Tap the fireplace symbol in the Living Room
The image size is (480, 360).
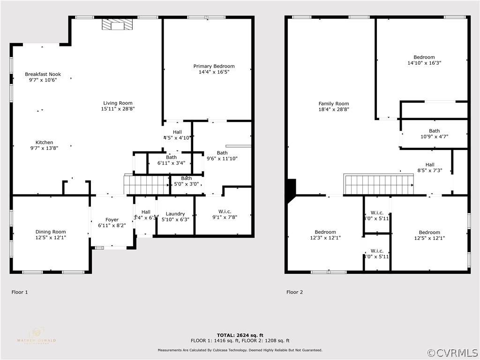click(x=118, y=25)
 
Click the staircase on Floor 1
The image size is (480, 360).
click(x=146, y=184)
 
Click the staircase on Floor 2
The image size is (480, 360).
click(x=379, y=184)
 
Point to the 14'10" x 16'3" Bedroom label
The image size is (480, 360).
click(x=424, y=60)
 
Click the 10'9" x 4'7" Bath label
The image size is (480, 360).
click(x=434, y=134)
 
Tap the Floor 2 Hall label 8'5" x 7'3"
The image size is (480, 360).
click(x=429, y=167)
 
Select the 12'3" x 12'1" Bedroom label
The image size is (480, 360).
click(x=325, y=235)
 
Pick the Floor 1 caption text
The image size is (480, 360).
click(x=20, y=292)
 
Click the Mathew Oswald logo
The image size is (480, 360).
click(x=36, y=336)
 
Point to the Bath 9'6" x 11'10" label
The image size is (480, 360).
click(x=222, y=156)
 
